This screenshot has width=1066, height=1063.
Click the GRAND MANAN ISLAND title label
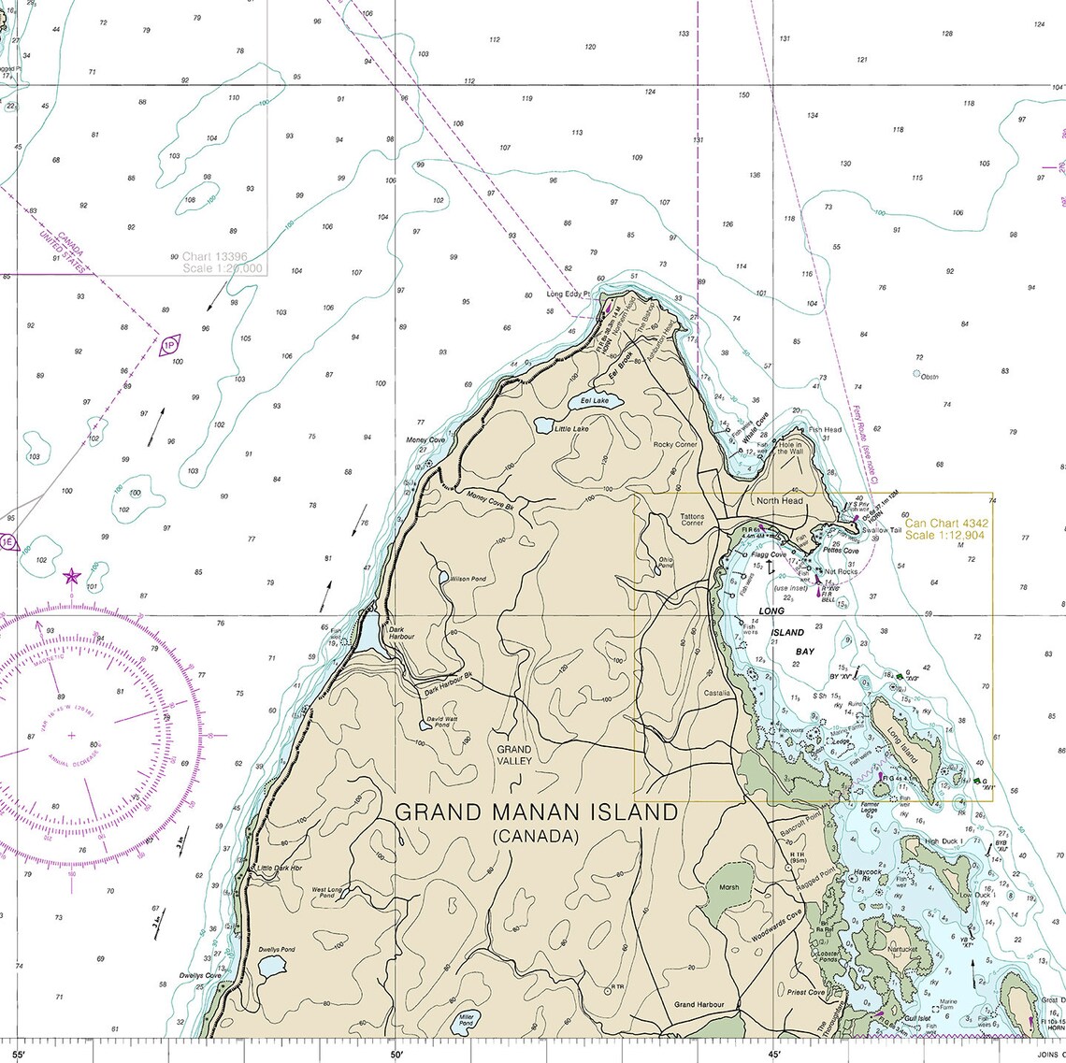coord(536,812)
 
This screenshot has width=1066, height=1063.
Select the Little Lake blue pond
coord(543,426)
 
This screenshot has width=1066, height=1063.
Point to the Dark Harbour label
coord(401,633)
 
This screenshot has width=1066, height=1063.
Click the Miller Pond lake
coord(465,1024)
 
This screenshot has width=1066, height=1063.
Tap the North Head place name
coord(780,501)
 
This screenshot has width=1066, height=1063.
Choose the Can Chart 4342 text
coord(946,524)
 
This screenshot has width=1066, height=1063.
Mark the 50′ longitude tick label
coord(396,1055)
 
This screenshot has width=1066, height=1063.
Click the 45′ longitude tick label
coord(774,1055)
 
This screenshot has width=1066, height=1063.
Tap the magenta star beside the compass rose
coord(71,576)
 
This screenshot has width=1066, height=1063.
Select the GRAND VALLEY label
coord(514,754)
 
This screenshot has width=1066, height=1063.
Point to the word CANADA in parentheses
coord(536,837)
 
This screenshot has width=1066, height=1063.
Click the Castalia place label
coord(717,693)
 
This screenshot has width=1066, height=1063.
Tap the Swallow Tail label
coord(882,530)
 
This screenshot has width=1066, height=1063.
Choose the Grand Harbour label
coord(699,1004)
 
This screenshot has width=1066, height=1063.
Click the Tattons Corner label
coord(692,519)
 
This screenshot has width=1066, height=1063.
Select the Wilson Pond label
coord(468,579)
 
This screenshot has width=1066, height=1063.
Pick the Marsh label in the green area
coord(729,887)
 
